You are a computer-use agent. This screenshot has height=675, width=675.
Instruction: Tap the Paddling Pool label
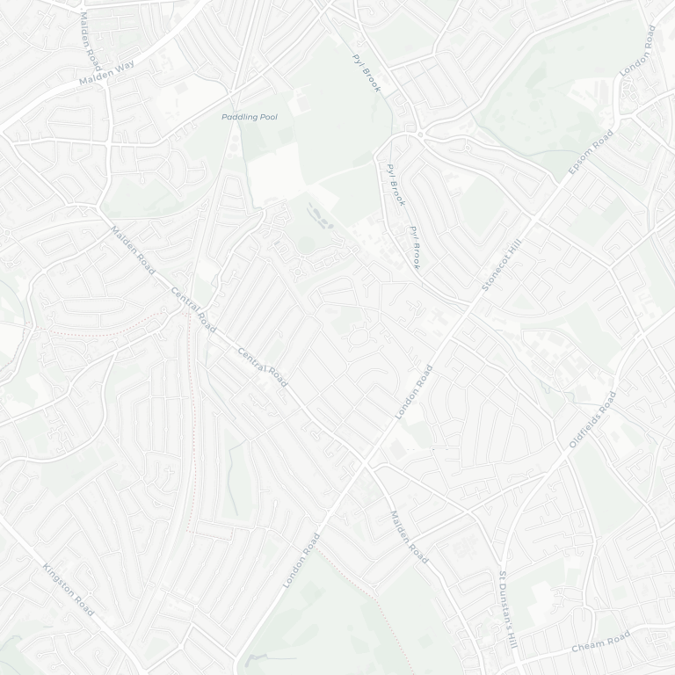coord(249,117)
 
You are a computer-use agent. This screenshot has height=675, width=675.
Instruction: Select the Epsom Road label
coord(591,152)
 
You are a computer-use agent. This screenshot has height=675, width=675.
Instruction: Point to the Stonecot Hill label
coord(502,264)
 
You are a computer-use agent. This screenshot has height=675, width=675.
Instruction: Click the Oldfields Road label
coord(592,419)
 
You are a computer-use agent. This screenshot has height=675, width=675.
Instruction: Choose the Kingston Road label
coord(68,589)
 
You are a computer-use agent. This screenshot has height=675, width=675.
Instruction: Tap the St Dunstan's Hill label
coord(509,610)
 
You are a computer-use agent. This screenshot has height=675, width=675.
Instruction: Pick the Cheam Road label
coord(601,642)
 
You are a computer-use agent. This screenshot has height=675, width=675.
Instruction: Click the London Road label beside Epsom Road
coord(638,50)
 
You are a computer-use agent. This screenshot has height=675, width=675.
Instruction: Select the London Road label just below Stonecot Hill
coord(414,392)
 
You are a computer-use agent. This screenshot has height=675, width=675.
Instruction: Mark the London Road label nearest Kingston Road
coord(301,560)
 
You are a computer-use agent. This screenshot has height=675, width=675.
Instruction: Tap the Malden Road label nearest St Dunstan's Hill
coord(409,537)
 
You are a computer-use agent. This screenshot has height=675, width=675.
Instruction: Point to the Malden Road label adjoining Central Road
coord(133,250)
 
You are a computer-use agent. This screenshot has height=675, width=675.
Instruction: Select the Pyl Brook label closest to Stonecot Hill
coord(415,247)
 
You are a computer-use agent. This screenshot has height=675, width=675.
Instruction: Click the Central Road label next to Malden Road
coord(193,309)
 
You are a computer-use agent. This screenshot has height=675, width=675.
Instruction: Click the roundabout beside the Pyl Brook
coord(420,134)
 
